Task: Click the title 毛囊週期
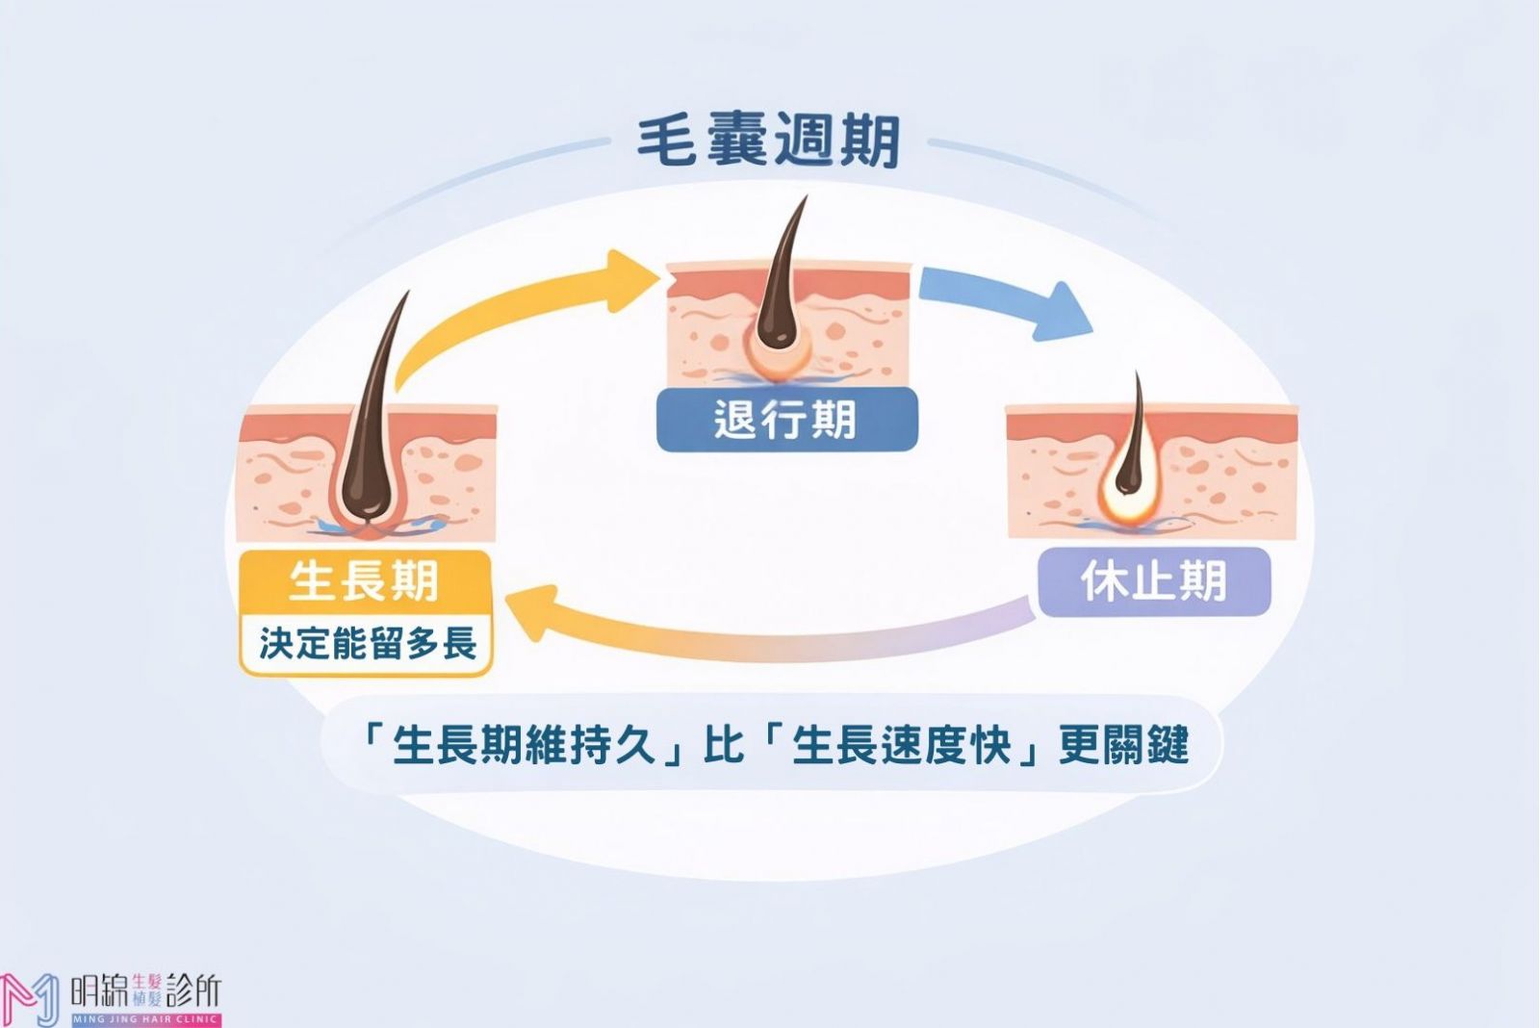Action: pyautogui.click(x=768, y=141)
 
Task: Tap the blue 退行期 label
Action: pyautogui.click(x=785, y=420)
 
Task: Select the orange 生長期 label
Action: pyautogui.click(x=365, y=581)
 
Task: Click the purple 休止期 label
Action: pyautogui.click(x=1154, y=581)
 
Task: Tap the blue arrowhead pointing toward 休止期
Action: pyautogui.click(x=1063, y=312)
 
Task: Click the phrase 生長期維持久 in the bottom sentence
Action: pyautogui.click(x=525, y=746)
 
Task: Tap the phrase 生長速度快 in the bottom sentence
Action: pyautogui.click(x=901, y=746)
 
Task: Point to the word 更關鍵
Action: pyautogui.click(x=1124, y=746)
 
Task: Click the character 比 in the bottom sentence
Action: pyautogui.click(x=722, y=746)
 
